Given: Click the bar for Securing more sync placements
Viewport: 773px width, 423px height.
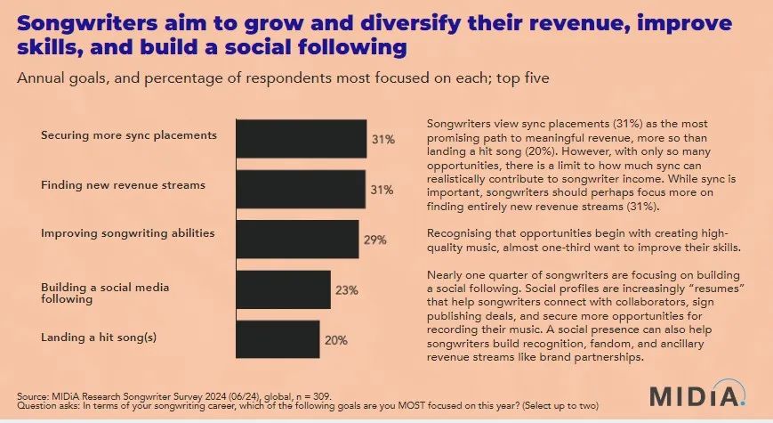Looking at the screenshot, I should click(x=301, y=138).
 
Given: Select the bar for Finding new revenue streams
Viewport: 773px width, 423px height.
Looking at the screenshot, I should click(x=301, y=188).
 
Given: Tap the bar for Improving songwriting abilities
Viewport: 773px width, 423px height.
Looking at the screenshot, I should click(x=297, y=239).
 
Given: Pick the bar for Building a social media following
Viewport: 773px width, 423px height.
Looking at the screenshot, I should click(x=282, y=289).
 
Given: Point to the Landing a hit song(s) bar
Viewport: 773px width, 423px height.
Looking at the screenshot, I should click(x=277, y=339).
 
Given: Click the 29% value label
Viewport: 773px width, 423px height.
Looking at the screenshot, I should click(x=374, y=240).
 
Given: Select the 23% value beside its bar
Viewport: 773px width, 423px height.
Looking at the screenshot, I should click(x=346, y=290).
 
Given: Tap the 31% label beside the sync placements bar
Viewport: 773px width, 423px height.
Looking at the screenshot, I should click(x=381, y=139).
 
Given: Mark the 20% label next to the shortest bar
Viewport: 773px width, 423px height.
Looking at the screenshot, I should click(x=334, y=340).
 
